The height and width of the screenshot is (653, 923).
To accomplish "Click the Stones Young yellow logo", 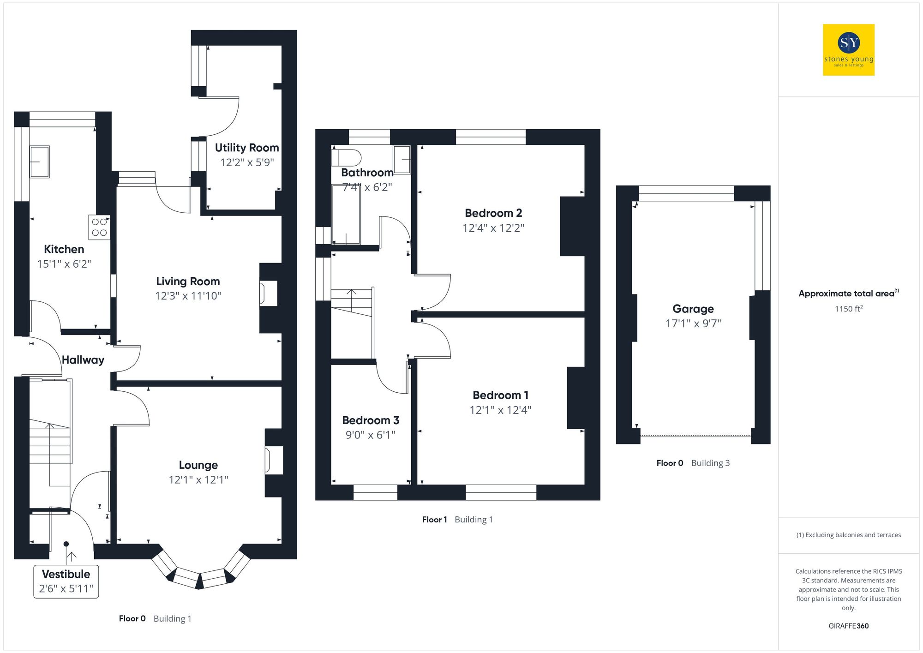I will point(848,50).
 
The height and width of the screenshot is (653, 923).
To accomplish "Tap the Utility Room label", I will point(247,148).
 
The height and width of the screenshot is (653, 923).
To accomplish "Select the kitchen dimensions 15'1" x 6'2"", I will point(64,264).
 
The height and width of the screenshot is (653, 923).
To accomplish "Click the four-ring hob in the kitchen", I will point(99,227).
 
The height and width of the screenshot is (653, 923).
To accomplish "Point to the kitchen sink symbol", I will point(40,162).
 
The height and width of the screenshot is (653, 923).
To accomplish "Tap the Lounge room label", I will point(198,465).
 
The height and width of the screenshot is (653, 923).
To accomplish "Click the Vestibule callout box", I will point(66,581).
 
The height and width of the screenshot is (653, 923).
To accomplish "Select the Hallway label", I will point(83,360).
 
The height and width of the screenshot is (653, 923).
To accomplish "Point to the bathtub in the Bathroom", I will point(346,215).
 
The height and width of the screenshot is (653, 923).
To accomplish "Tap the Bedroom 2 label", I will point(493,213).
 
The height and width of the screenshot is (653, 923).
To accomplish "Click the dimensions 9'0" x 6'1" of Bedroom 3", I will point(371,435).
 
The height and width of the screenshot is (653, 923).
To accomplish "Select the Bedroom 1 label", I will point(501,395).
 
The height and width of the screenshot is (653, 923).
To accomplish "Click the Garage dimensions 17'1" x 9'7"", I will point(693,324).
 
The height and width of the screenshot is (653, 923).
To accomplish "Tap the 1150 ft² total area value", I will point(848,309).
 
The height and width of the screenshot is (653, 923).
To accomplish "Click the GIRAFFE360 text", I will point(848,626).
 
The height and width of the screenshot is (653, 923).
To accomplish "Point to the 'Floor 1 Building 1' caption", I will point(457,520).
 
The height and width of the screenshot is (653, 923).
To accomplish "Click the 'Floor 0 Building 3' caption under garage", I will point(693,463).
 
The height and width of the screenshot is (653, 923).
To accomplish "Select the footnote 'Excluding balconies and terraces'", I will point(848,535).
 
